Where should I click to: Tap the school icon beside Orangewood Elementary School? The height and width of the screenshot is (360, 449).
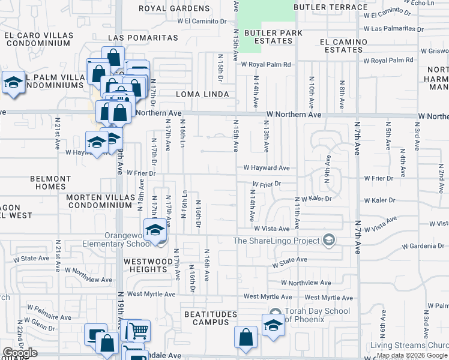(155, 230)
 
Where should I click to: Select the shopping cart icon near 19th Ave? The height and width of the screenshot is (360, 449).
(139, 330)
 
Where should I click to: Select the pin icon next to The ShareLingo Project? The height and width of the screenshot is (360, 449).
(328, 241)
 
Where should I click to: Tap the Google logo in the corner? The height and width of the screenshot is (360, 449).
(20, 352)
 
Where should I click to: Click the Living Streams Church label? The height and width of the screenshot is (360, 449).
(409, 345)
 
